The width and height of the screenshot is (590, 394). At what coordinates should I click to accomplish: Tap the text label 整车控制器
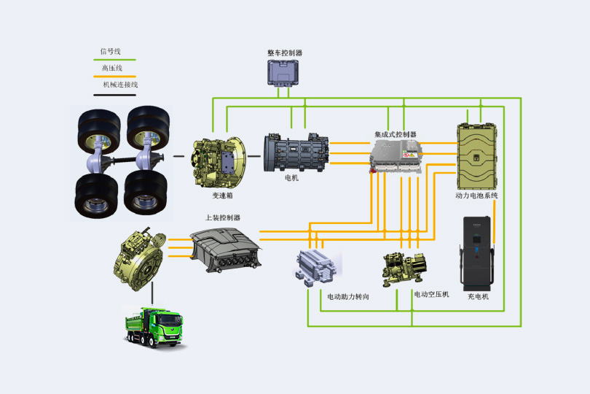[x=285, y=53]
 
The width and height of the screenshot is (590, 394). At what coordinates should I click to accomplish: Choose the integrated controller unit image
[x=396, y=156]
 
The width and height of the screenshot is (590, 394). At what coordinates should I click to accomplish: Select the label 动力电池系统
[x=476, y=196]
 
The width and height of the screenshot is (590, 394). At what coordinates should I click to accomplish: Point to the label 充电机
[x=478, y=297]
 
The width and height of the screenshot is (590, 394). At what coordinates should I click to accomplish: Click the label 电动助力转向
[x=348, y=297]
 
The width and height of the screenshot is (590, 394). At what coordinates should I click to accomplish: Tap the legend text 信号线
[x=111, y=51]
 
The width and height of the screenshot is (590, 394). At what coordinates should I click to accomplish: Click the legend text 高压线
[x=111, y=68]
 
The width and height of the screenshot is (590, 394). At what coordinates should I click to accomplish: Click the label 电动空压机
[x=432, y=294]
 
